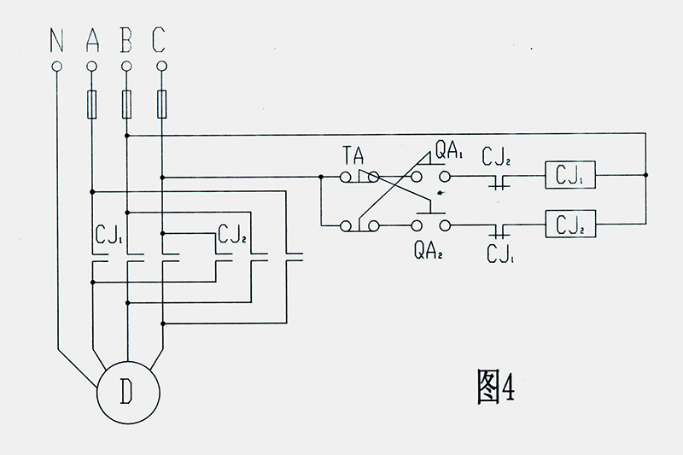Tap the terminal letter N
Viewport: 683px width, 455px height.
(56, 39)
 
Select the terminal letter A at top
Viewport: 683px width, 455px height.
(92, 39)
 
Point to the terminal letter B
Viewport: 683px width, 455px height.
(126, 39)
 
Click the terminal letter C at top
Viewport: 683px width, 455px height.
(159, 39)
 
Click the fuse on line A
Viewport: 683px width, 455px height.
(92, 104)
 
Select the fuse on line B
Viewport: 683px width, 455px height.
(126, 104)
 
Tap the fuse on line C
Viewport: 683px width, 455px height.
(161, 104)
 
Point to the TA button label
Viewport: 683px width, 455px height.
(353, 155)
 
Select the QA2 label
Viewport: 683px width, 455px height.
(428, 251)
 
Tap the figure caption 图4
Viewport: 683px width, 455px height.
(496, 386)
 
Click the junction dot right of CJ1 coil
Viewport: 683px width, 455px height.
(646, 175)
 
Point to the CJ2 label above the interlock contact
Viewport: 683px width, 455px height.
(496, 157)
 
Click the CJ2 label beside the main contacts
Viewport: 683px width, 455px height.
(232, 234)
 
